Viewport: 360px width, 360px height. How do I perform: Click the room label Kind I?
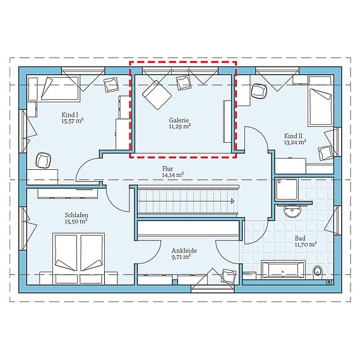[x=68, y=114]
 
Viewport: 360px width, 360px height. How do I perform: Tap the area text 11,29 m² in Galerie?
[x=180, y=126]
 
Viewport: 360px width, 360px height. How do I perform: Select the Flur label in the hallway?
[x=167, y=169]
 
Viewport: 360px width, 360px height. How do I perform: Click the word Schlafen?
[x=76, y=215]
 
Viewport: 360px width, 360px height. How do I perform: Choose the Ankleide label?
[x=184, y=251]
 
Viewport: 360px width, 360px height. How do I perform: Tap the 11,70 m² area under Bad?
[x=306, y=244]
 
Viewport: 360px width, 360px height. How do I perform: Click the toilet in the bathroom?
[x=318, y=272]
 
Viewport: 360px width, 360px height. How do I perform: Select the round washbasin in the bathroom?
[x=292, y=211]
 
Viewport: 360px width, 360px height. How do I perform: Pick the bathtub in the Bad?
[x=284, y=270]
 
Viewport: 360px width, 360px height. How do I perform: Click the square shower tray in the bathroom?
[x=287, y=189]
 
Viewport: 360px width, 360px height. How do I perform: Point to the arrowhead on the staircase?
[x=232, y=201]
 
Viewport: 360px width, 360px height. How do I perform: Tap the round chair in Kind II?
[x=260, y=91]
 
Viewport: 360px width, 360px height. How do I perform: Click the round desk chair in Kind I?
[x=44, y=160]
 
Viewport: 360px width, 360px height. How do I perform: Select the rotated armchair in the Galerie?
[x=157, y=95]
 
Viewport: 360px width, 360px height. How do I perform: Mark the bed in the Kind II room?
[x=321, y=101]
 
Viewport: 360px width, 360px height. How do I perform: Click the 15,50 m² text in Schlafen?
[x=76, y=221]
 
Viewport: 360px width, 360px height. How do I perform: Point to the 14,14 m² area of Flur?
[x=172, y=175]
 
